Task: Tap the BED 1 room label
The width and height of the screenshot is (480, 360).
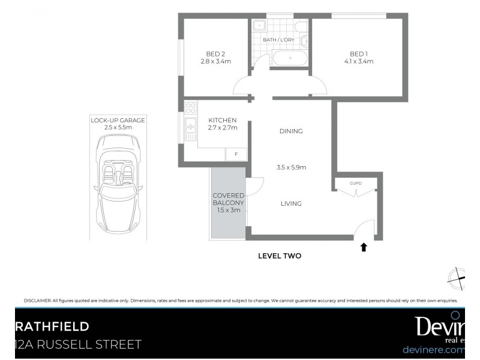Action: coord(359,57)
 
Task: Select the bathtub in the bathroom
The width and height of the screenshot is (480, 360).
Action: coord(290,58)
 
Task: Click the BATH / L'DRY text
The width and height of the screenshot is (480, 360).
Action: coord(280,41)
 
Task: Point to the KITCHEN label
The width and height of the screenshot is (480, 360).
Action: coord(222,120)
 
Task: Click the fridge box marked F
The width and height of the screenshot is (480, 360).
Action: coord(236,155)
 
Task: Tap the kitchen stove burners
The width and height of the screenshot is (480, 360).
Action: coord(191,109)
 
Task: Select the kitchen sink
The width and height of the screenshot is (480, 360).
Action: coord(191,125)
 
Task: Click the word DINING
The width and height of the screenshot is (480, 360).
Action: coord(291,131)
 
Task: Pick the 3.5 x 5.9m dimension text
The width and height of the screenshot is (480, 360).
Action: coord(291,167)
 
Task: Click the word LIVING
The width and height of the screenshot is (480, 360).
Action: coord(291,203)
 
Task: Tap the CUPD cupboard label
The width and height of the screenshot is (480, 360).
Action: coord(356,183)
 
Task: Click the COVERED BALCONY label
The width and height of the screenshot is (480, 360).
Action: coord(228,203)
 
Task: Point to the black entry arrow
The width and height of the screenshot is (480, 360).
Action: coord(363,247)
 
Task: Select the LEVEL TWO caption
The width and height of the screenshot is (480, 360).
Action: coord(279,256)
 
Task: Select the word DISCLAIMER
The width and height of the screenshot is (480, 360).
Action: coord(37,301)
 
